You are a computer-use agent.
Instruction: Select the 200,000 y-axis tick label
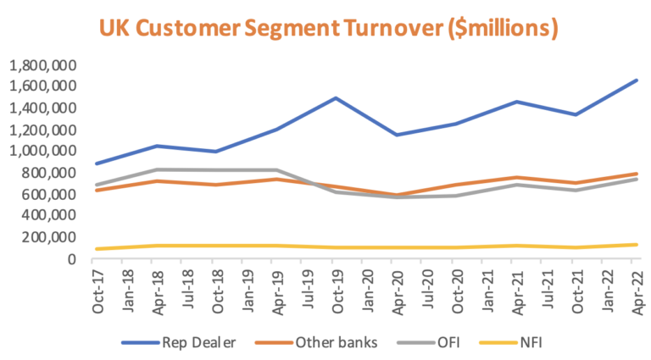point(47,237)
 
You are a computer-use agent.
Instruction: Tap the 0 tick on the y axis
point(72,259)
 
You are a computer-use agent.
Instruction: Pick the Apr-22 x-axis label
point(637,291)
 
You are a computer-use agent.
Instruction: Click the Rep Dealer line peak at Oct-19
point(336,97)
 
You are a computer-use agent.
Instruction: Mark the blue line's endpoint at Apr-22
point(637,80)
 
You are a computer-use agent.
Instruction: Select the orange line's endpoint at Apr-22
point(637,174)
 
